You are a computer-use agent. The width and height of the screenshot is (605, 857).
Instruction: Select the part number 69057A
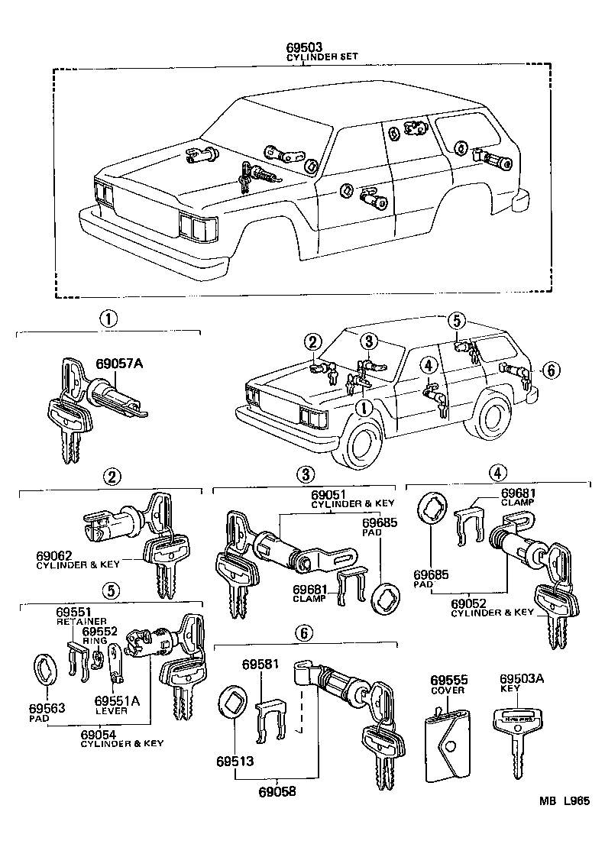(x=118, y=364)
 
